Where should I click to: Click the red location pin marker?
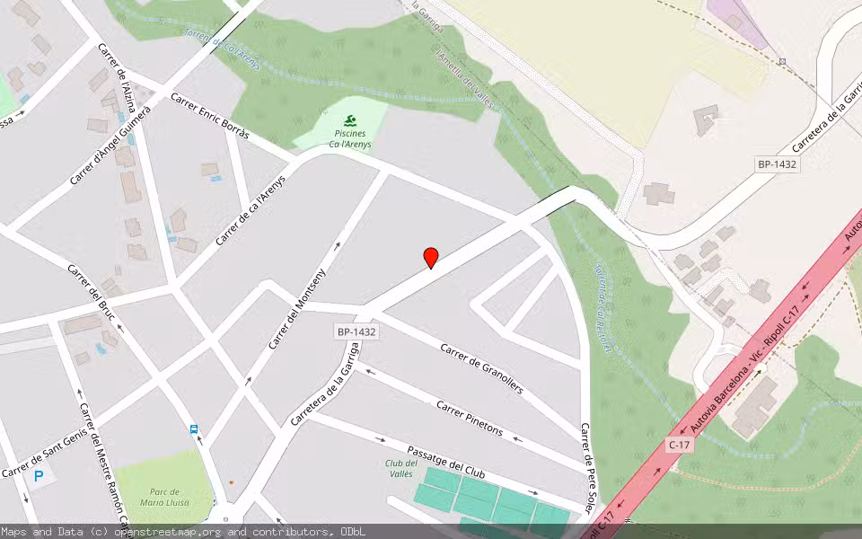(431, 258)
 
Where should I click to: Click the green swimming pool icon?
(350, 121)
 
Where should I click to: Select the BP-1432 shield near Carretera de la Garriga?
(356, 331)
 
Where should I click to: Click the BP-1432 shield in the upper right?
(778, 164)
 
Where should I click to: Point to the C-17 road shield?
(680, 444)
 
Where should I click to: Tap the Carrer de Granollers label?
(481, 374)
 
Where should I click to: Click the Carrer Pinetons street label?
(470, 418)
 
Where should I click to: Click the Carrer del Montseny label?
(309, 308)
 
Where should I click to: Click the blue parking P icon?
(39, 476)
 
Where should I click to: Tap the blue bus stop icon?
(194, 429)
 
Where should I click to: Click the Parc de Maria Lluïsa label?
(165, 497)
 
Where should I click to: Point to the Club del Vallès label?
(400, 468)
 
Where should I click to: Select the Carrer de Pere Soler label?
(587, 466)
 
